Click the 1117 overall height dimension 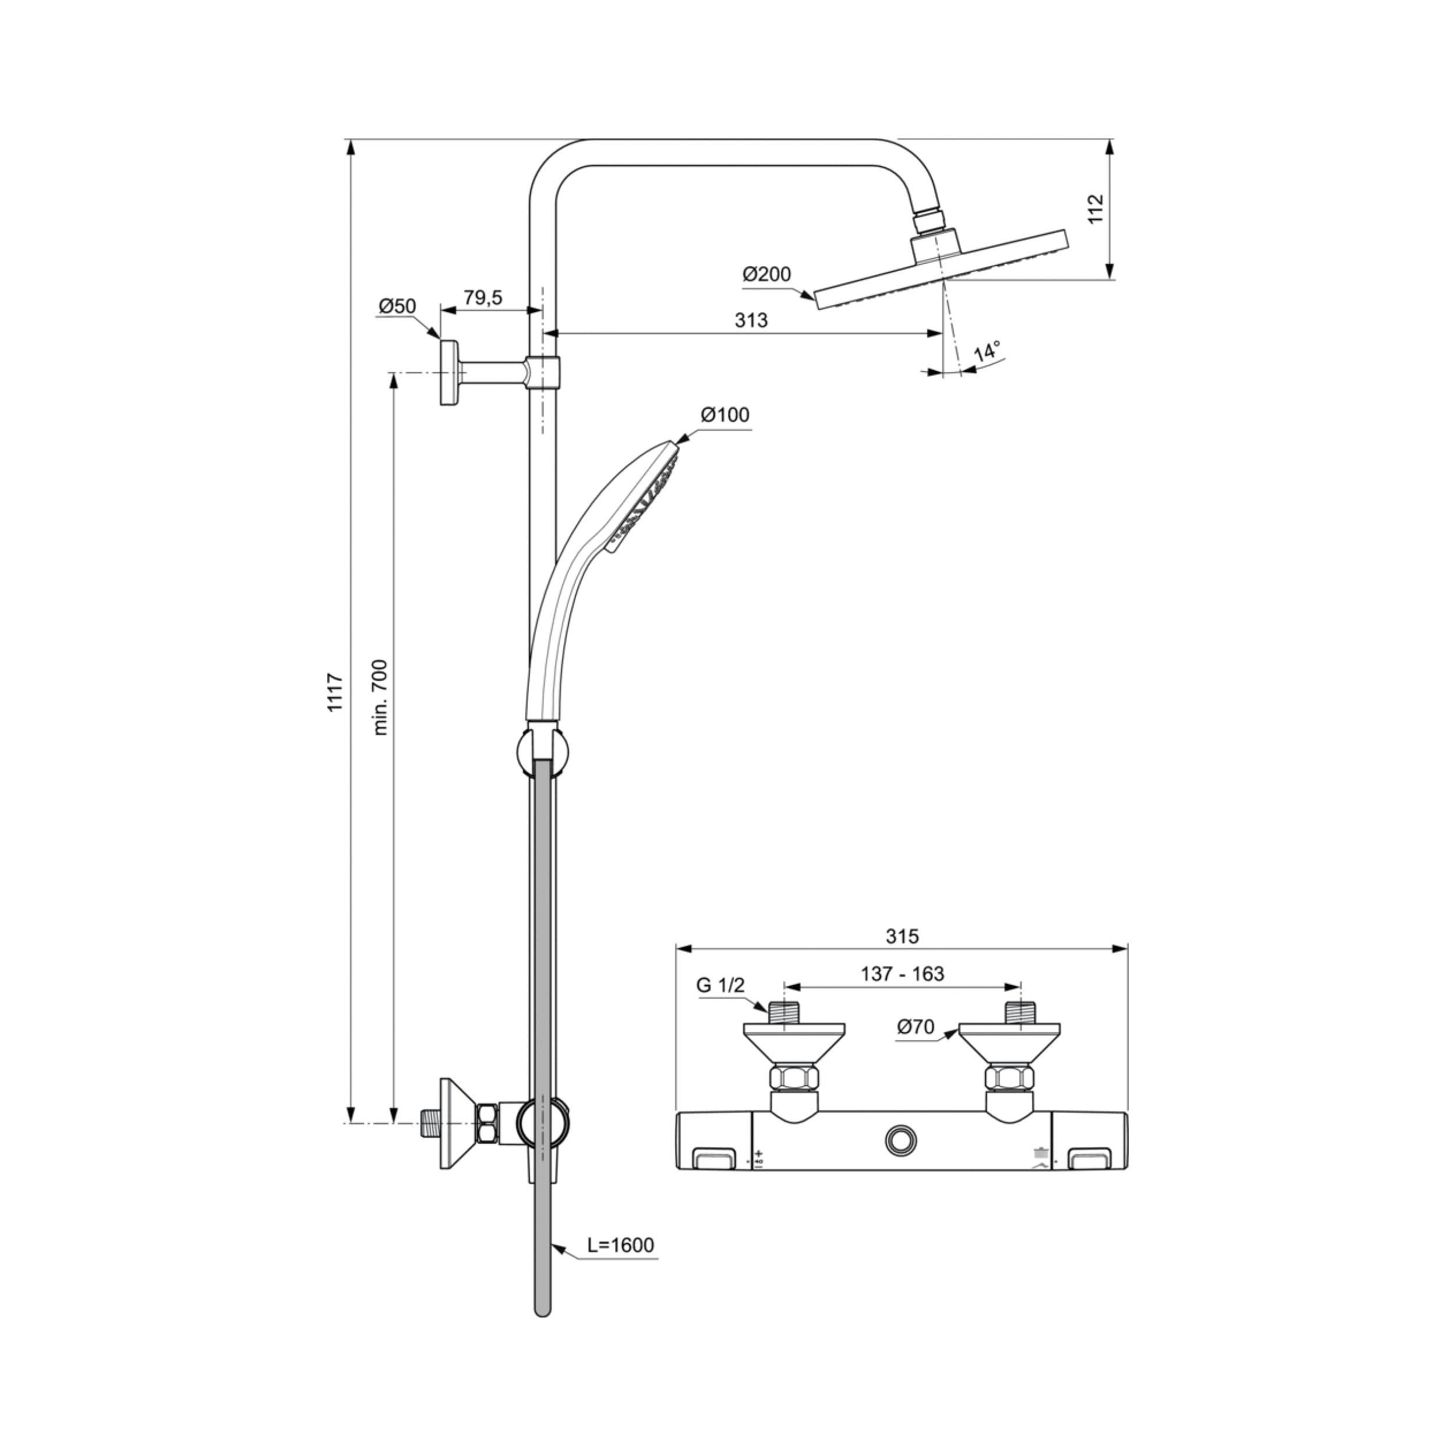click(335, 692)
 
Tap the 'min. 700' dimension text click(380, 697)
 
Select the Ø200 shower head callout click(766, 274)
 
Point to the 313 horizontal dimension click(751, 320)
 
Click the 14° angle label click(987, 351)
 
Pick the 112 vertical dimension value click(1095, 208)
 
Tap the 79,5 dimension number click(482, 297)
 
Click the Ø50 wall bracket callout click(397, 306)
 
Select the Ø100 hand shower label click(725, 415)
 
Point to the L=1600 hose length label click(621, 1245)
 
